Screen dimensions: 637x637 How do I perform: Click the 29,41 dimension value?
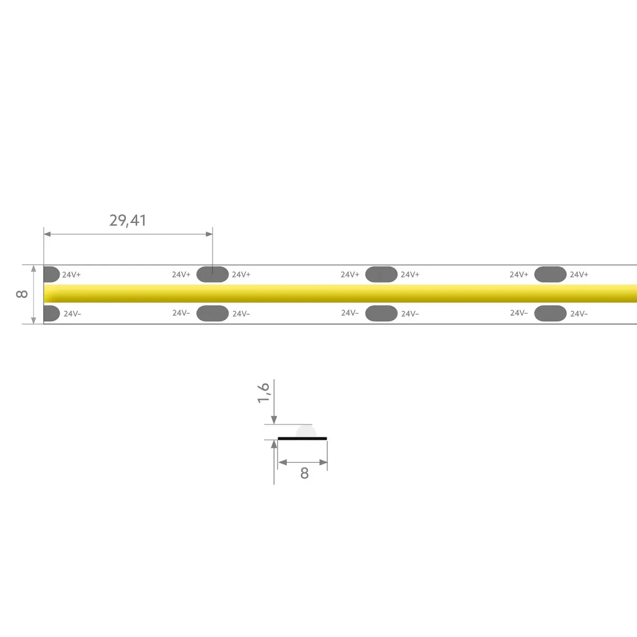[x=127, y=220]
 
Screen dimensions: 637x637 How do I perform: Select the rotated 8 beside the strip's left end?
[x=22, y=294]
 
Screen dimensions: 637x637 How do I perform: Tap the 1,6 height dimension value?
[x=263, y=393]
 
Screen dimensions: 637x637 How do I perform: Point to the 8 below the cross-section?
[x=305, y=474]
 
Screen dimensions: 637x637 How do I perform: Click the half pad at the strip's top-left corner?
[x=51, y=274]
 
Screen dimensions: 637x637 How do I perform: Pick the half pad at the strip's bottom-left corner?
[x=51, y=313]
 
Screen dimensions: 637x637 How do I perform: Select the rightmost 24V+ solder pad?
[x=550, y=274]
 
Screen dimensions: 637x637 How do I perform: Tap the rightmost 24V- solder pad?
[x=550, y=313]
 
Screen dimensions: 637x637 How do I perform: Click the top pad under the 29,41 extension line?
[x=212, y=274]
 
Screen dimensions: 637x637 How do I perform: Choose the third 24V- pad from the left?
[x=381, y=313]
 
